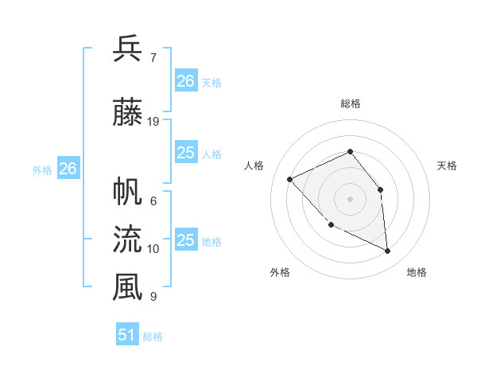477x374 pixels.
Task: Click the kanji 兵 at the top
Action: click(x=128, y=49)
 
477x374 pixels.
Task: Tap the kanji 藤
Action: click(x=128, y=114)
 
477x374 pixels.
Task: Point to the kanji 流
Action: click(x=128, y=239)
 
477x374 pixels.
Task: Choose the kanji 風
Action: click(x=128, y=287)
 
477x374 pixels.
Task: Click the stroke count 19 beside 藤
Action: click(x=153, y=122)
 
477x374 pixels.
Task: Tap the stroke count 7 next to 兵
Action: click(x=153, y=57)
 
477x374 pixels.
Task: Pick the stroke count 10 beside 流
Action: click(x=153, y=249)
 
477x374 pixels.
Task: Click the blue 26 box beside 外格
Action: click(x=68, y=169)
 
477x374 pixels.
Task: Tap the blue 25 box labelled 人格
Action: click(x=186, y=153)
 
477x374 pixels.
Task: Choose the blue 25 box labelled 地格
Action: click(x=186, y=240)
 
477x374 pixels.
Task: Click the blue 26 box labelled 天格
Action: click(x=186, y=80)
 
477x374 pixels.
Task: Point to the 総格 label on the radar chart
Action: click(x=350, y=103)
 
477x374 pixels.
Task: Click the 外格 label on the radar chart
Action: click(x=280, y=272)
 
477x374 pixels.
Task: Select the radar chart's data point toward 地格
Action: click(x=387, y=251)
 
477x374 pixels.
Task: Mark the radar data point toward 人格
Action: click(x=290, y=179)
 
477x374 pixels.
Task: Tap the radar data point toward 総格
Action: click(x=350, y=151)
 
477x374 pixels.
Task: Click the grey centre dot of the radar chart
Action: click(x=350, y=198)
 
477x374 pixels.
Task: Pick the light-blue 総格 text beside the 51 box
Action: click(x=153, y=337)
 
